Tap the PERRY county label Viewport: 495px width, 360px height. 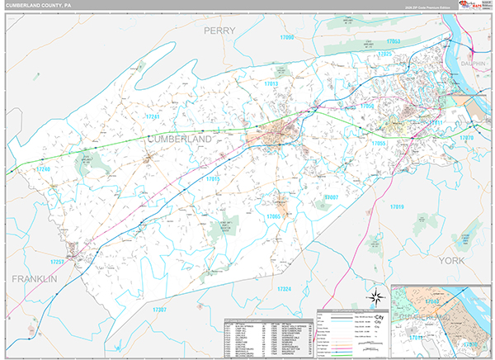[x=219, y=31]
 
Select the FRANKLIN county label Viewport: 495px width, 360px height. [x=34, y=280]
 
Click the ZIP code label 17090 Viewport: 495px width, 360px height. [x=287, y=38]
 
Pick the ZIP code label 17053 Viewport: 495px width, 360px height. [x=393, y=41]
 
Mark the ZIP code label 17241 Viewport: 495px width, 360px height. [x=151, y=117]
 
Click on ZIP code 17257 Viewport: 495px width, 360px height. [x=57, y=262]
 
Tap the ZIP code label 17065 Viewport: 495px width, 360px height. [x=274, y=216]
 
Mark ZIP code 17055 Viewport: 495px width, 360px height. [x=379, y=144]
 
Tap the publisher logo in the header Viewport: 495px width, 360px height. [x=471, y=6]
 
